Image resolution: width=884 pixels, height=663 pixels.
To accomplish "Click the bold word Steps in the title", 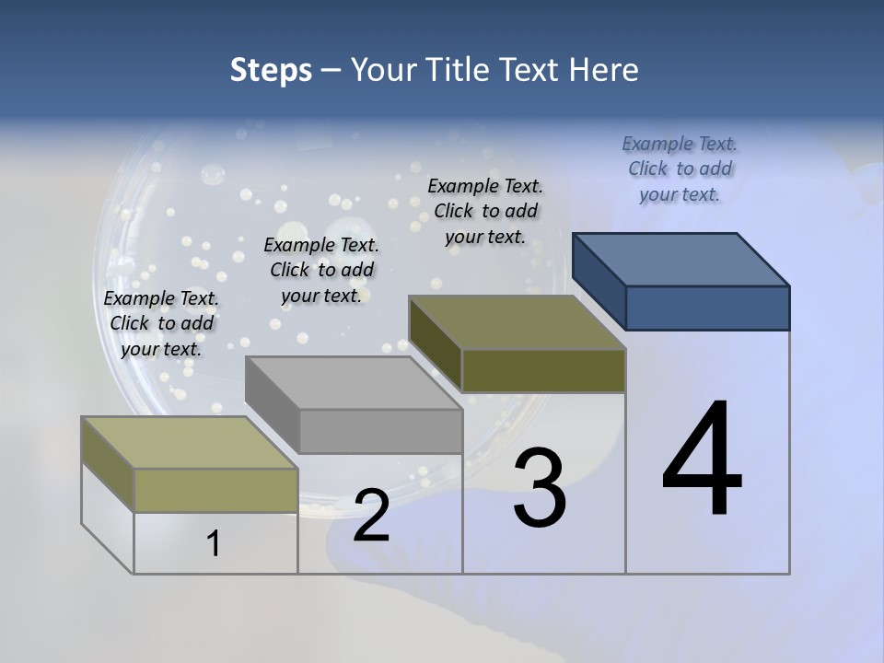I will coord(271,70).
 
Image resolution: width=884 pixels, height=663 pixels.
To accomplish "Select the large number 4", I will coord(702,460).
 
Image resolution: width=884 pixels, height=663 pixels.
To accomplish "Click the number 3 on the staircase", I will coord(539,488).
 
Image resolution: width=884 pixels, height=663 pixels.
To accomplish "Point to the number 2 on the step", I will coord(371,517).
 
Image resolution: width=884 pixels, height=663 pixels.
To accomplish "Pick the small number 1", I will coord(213,544).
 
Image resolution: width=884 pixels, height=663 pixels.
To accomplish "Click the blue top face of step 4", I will coord(681,260).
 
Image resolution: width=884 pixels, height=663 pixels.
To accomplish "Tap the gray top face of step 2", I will coord(355,383).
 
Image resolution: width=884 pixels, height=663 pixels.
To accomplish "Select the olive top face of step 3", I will coord(518,322).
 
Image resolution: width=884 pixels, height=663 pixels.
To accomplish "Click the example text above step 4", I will coord(680,169).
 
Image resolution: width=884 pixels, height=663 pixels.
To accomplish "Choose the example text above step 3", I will coord(485,211).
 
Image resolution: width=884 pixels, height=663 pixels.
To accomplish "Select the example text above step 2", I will coord(321,270).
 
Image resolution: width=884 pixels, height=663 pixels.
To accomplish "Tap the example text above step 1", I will coord(161,323).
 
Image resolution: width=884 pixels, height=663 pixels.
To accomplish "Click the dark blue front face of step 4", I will coord(707,308).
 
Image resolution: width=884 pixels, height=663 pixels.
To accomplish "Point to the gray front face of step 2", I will coord(380,431).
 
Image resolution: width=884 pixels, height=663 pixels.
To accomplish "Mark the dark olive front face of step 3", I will coord(543,370).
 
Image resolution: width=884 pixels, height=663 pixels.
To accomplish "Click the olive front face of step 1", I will coord(215,490).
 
